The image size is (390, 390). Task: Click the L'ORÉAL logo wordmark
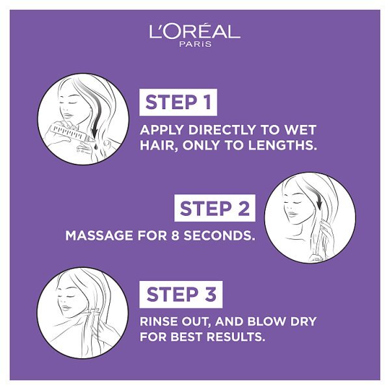coord(195,31)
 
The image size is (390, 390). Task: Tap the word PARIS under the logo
coord(195,44)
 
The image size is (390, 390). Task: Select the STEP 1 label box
coord(178,102)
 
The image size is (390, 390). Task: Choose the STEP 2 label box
coord(214,208)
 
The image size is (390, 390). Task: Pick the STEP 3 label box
coord(181,294)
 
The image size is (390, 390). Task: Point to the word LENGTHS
coord(283,146)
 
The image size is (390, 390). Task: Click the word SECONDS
coord(220,235)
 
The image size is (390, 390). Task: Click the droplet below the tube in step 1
coord(96,146)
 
